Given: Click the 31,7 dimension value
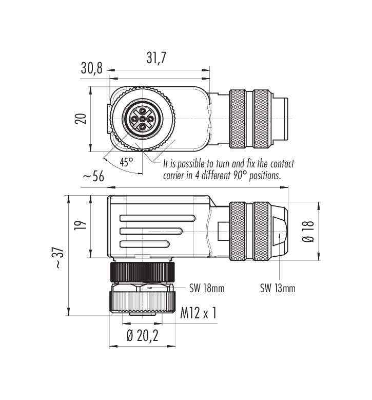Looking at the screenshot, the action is coord(156,58).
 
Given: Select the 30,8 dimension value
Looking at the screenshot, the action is coord(91,68).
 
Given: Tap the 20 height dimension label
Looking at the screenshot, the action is coord(81,119).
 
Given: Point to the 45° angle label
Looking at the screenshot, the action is coord(126,162).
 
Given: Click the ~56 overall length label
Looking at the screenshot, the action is coord(93,176).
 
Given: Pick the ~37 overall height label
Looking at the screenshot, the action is coord(58,257).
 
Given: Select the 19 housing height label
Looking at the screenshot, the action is coord(81,225).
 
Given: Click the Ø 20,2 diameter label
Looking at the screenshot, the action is coord(142,335).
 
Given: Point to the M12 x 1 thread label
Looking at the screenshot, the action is coord(199,313).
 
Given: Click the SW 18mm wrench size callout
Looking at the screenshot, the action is coord(207,288).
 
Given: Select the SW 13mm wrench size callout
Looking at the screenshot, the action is coord(278,288).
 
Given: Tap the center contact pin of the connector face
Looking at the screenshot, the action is coord(142,119).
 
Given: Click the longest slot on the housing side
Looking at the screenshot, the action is coord(158,218).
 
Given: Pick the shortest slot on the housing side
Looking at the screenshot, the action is coord(144,244).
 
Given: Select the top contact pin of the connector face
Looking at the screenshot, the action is coord(142,111).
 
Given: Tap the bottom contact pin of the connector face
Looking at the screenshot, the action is coord(142,126).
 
